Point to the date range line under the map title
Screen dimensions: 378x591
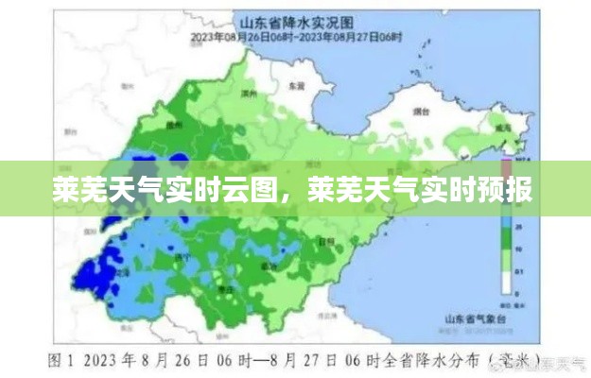(x=297, y=37)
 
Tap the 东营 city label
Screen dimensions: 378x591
(x=297, y=83)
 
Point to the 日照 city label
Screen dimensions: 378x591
(x=326, y=242)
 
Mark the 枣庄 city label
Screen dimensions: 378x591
(x=224, y=290)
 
